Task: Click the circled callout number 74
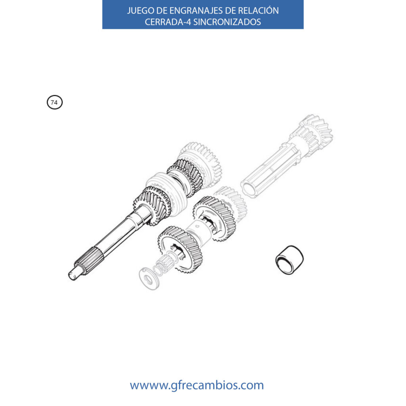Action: click(55, 102)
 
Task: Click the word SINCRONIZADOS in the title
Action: click(227, 22)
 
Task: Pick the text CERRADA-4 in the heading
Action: click(168, 22)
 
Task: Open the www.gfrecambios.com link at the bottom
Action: click(197, 385)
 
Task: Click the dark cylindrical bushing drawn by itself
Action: click(289, 259)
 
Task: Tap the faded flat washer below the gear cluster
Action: click(149, 279)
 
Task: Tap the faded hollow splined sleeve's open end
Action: click(251, 187)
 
